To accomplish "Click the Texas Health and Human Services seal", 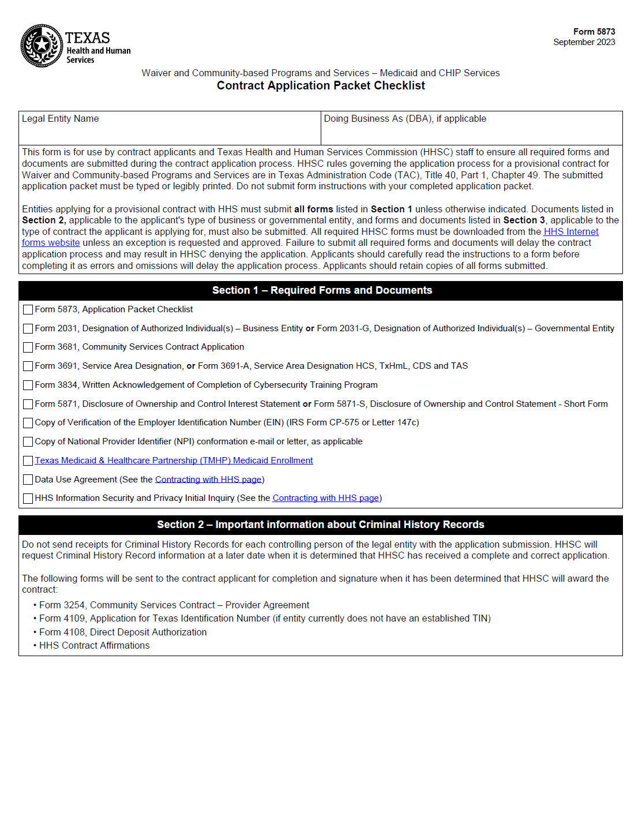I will [x=42, y=46].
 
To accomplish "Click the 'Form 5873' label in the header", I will [x=594, y=32].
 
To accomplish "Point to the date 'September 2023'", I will [x=584, y=42].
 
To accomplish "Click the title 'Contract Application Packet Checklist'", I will [x=321, y=85].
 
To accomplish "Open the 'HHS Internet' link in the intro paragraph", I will [x=570, y=232].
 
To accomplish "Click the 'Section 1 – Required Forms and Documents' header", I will [x=321, y=290].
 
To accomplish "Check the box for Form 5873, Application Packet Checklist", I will [x=28, y=310].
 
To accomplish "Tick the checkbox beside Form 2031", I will [x=28, y=329].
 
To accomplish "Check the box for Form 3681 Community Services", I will [x=28, y=347].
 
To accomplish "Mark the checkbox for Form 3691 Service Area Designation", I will [x=28, y=366].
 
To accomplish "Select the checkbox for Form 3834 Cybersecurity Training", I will [x=28, y=385].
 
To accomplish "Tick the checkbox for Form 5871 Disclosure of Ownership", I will [x=28, y=405].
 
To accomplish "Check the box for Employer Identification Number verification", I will [x=28, y=423].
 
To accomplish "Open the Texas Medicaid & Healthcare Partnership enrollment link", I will [x=174, y=461].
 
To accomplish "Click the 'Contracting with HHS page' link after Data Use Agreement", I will [x=208, y=480].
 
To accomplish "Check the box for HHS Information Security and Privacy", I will [x=28, y=499].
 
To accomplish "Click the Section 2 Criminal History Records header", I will [x=320, y=525].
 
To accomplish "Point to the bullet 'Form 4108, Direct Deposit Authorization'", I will [x=123, y=632].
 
